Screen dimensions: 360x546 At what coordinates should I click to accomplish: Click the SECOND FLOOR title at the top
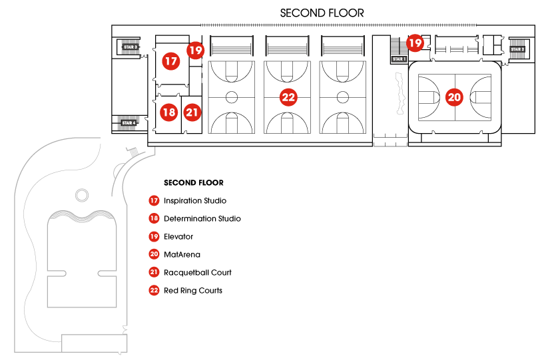pyautogui.click(x=322, y=13)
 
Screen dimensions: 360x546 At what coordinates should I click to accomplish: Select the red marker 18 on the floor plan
pyautogui.click(x=169, y=112)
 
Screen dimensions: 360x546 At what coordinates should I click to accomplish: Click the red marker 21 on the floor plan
pyautogui.click(x=192, y=112)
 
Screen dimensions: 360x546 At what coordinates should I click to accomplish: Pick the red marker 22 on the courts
pyautogui.click(x=288, y=97)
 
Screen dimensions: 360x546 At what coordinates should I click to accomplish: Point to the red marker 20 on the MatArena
pyautogui.click(x=453, y=97)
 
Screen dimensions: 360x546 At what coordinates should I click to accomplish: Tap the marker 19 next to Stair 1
pyautogui.click(x=415, y=43)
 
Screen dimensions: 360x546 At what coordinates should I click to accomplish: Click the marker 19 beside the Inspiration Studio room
pyautogui.click(x=194, y=49)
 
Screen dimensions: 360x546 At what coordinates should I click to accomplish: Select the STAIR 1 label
pyautogui.click(x=398, y=59)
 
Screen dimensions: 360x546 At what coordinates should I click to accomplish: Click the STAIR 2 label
pyautogui.click(x=517, y=49)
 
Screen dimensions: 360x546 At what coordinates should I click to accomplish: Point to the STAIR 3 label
pyautogui.click(x=129, y=47)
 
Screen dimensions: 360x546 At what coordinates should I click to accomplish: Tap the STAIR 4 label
pyautogui.click(x=129, y=122)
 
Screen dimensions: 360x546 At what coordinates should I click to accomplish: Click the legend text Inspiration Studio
pyautogui.click(x=195, y=201)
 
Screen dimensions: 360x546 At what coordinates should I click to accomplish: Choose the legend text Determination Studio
pyautogui.click(x=202, y=219)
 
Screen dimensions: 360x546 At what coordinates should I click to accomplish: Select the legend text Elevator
pyautogui.click(x=178, y=237)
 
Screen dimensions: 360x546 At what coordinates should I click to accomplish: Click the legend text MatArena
pyautogui.click(x=182, y=255)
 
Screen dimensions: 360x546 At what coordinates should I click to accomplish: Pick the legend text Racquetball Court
pyautogui.click(x=198, y=273)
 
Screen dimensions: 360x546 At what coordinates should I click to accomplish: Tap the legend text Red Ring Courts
pyautogui.click(x=193, y=291)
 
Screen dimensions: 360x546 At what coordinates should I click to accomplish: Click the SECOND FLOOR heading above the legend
pyautogui.click(x=193, y=182)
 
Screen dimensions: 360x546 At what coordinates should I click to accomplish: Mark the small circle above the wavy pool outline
pyautogui.click(x=81, y=195)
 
